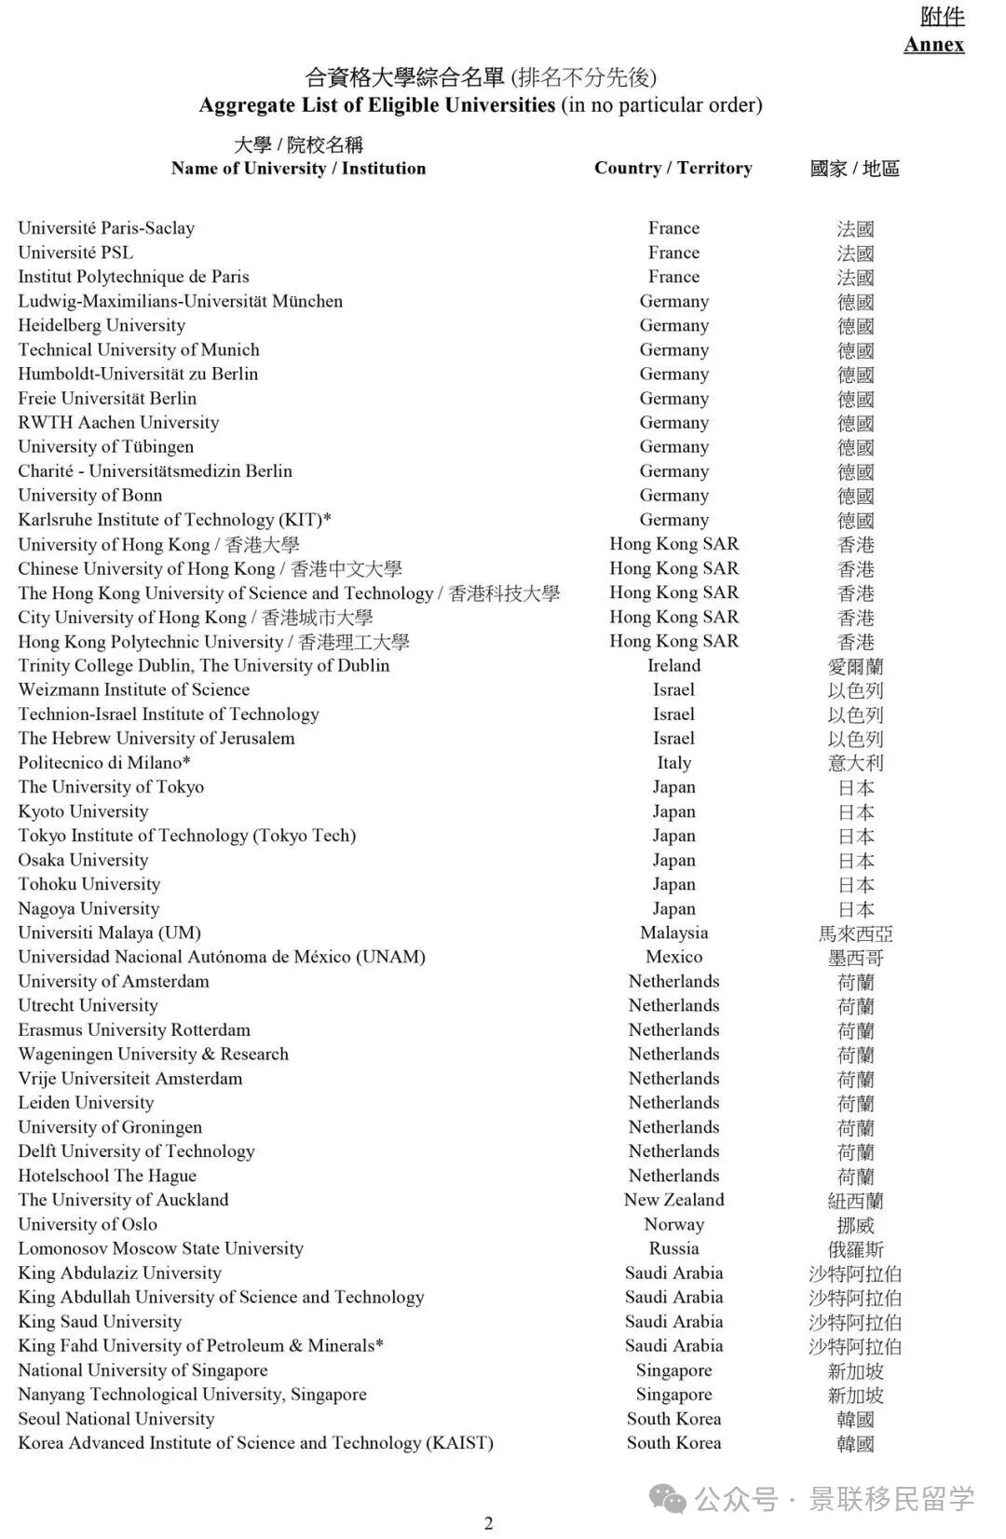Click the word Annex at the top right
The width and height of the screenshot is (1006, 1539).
933,44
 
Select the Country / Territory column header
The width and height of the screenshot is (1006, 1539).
673,168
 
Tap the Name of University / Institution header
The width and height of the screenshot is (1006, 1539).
298,168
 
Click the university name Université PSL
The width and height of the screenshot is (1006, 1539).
75,252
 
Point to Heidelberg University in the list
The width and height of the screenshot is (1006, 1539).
102,325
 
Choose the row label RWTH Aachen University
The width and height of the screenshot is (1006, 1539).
118,422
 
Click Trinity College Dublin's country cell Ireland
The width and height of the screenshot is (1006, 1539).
673,665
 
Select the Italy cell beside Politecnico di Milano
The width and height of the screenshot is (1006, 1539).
673,762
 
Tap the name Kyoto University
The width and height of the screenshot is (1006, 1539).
83,811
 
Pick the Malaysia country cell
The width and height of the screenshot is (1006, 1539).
673,933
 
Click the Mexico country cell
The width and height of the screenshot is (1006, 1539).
673,957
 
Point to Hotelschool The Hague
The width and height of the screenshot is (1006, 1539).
107,1176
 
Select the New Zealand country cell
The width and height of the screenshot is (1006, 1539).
673,1200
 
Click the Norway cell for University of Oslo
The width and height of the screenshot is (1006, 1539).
673,1224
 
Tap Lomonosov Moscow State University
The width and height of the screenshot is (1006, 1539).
160,1248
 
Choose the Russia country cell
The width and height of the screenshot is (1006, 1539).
673,1248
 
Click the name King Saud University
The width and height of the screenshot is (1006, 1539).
100,1321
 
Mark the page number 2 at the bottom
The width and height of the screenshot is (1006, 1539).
488,1523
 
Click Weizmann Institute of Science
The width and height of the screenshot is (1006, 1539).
133,689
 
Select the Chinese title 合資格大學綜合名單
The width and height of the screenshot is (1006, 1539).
404,77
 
